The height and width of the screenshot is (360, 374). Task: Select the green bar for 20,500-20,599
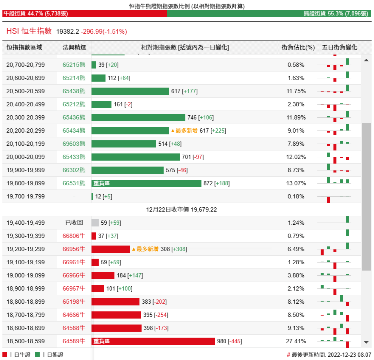point(130,91)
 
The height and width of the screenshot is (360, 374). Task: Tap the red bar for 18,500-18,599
point(153,341)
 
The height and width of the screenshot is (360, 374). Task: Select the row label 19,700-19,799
point(26,197)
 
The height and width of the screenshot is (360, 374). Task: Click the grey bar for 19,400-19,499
point(95,223)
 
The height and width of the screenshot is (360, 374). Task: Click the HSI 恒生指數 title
point(29,31)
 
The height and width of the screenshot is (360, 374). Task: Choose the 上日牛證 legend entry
point(18,354)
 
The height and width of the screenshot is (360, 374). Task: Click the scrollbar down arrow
point(367,342)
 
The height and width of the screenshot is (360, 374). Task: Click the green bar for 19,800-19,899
point(146,183)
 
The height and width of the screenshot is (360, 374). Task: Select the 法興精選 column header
point(74,47)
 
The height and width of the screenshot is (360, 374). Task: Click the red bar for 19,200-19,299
point(111,249)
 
